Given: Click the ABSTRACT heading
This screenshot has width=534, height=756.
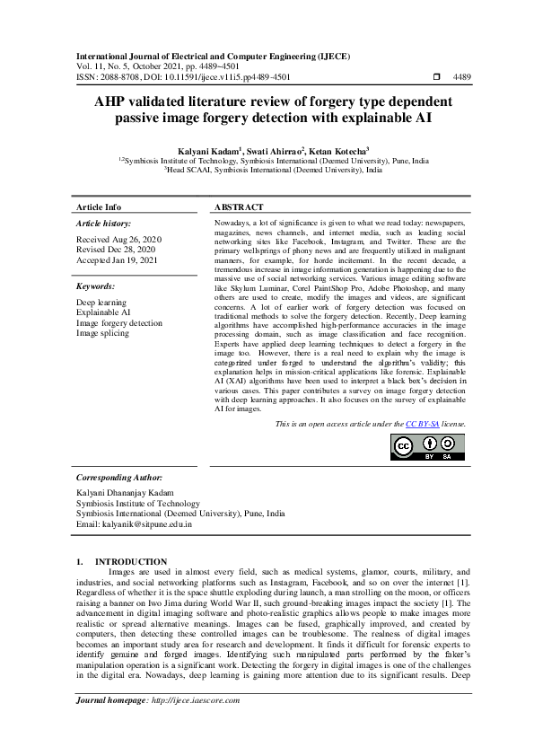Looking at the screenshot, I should (x=240, y=207).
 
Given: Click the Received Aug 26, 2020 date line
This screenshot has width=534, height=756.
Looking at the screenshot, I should (x=118, y=240).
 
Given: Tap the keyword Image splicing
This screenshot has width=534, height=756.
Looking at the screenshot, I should (x=102, y=333).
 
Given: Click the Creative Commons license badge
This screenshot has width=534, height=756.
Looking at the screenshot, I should (x=427, y=445).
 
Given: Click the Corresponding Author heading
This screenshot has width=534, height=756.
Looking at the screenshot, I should (x=118, y=478).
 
